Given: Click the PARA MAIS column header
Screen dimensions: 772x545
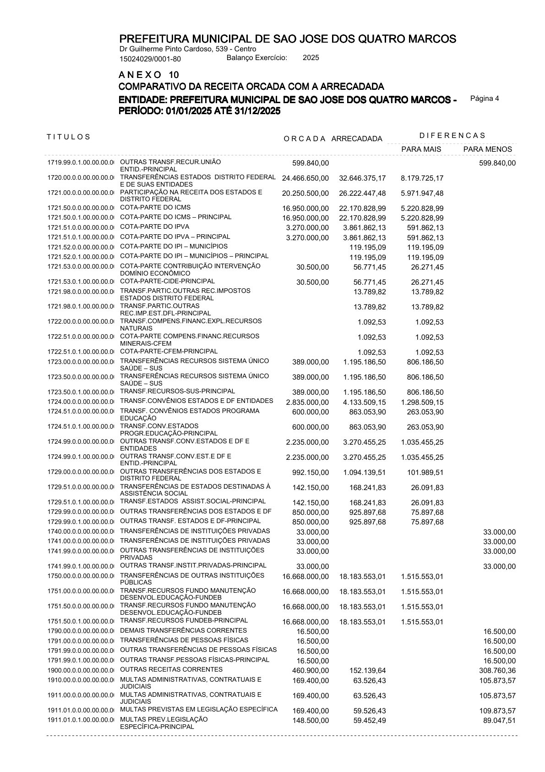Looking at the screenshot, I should point(421,149).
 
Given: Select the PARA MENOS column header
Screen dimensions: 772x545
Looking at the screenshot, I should point(487,149).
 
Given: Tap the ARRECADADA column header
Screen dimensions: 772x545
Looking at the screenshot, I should point(356,139).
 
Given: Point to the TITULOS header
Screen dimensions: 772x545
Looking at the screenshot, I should point(69,137).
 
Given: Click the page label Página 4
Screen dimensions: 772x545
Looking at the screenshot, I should point(485,99).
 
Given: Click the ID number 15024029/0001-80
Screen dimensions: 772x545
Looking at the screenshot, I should point(150,59).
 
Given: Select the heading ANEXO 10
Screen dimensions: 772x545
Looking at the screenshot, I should point(149,75).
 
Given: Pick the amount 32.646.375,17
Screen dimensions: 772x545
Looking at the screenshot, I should point(362,178).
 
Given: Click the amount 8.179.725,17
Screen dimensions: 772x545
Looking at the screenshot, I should point(422,178).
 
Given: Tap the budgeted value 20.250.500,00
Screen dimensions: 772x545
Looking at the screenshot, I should point(305,193).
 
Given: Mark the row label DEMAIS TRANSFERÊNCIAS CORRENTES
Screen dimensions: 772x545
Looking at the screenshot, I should point(183,630).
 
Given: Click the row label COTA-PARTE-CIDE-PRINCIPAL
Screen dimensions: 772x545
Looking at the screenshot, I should point(167,281).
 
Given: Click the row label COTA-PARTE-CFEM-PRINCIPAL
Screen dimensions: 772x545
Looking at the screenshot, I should point(169,351).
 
